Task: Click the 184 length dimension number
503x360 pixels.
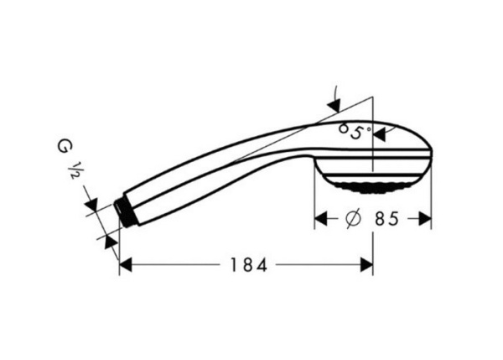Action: [x=248, y=265]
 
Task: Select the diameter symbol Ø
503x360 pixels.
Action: [x=353, y=220]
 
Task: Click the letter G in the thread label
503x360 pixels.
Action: [x=64, y=147]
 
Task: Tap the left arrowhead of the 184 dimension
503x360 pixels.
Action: [x=126, y=265]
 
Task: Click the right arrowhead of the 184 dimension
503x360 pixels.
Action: [x=366, y=265]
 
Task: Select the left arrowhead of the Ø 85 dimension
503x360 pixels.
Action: [x=320, y=220]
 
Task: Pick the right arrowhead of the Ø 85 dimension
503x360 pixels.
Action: [x=424, y=220]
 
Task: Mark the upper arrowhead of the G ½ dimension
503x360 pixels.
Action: [x=92, y=204]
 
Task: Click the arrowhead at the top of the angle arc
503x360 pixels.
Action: [x=334, y=104]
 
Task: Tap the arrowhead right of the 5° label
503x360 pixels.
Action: [x=380, y=133]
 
